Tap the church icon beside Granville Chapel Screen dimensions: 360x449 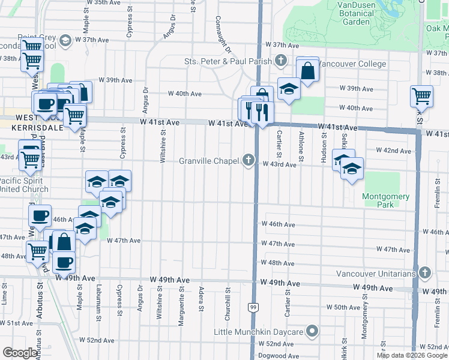coord(249,160)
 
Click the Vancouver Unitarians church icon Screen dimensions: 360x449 coord(426,274)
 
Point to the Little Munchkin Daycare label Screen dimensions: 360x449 coord(260,331)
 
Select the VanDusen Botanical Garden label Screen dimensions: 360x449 coord(360,13)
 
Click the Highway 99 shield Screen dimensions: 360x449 coord(252,308)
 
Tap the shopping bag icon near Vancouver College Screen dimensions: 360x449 coord(307,70)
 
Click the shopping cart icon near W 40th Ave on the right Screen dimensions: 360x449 coord(422,95)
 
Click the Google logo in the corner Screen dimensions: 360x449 coord(20,353)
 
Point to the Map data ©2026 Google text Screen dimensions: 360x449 coord(412,355)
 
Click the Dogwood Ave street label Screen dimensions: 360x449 coord(280,356)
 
